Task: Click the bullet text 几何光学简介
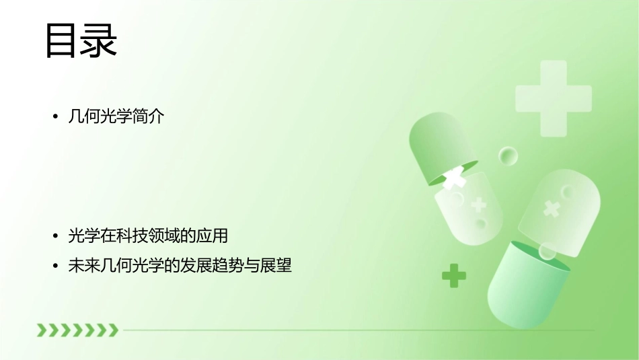pyautogui.click(x=116, y=116)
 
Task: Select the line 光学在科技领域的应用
pyautogui.click(x=148, y=236)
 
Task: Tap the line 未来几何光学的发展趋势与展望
pyautogui.click(x=180, y=266)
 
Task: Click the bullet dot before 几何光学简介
pyautogui.click(x=56, y=117)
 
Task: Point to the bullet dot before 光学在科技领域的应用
pyautogui.click(x=56, y=237)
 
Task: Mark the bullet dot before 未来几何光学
pyautogui.click(x=56, y=266)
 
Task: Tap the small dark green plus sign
pyautogui.click(x=454, y=275)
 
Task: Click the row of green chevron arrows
pyautogui.click(x=77, y=330)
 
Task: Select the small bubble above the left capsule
pyautogui.click(x=508, y=157)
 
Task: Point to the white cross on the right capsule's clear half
pyautogui.click(x=552, y=209)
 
